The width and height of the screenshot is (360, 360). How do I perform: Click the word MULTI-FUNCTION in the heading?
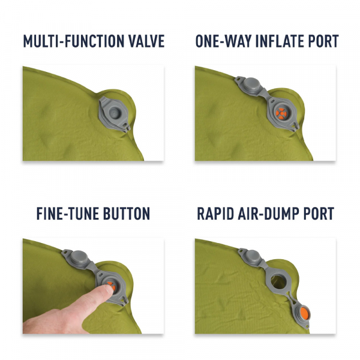72,41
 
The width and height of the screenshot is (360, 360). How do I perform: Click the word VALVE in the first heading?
143,41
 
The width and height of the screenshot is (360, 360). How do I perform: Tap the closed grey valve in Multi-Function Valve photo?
112,112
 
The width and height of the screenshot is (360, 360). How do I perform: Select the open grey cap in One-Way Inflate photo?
247,84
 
